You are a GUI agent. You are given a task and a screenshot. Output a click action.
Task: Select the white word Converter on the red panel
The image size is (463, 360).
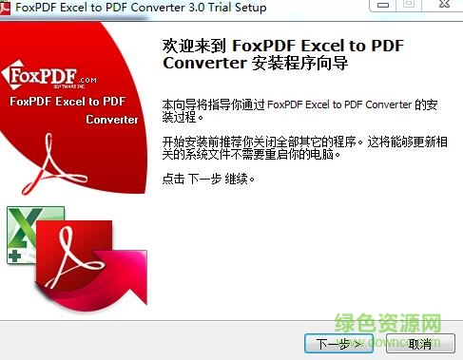pyautogui.click(x=111, y=120)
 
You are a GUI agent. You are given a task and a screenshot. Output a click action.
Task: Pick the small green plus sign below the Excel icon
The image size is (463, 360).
pyautogui.click(x=17, y=255)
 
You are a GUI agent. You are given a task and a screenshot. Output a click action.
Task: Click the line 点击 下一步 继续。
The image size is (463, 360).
pyautogui.click(x=210, y=179)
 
